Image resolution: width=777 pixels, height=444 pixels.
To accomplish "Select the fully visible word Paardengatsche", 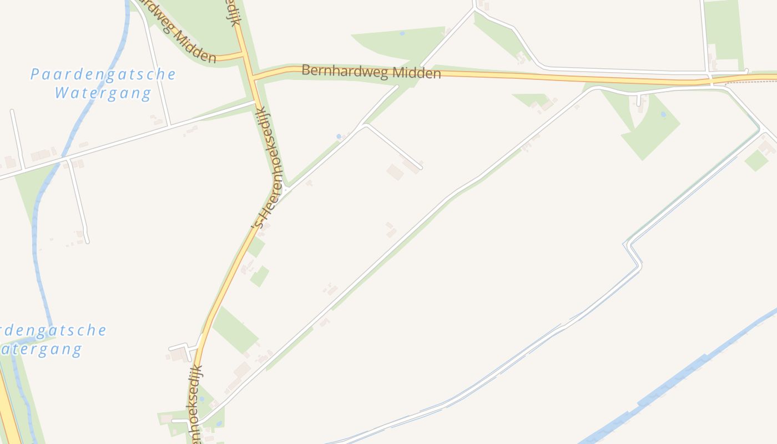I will click(x=103, y=74).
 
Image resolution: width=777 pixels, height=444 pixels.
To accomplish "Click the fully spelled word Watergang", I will click(x=103, y=93).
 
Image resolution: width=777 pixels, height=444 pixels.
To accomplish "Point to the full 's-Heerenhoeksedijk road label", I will click(x=270, y=169).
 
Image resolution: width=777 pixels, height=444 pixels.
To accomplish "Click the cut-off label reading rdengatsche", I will click(x=53, y=331).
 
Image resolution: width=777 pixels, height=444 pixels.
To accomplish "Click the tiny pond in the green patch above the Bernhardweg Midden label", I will click(x=402, y=34).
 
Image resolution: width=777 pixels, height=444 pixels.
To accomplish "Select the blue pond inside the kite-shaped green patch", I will click(x=663, y=115).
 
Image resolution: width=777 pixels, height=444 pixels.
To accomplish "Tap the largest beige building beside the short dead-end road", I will click(x=395, y=172).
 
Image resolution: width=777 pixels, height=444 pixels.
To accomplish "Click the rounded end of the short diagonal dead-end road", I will click(x=421, y=167).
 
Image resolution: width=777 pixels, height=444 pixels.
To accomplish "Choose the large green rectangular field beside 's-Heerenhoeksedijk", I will click(x=234, y=330).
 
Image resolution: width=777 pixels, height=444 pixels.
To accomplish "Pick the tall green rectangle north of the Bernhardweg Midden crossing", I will click(x=724, y=31).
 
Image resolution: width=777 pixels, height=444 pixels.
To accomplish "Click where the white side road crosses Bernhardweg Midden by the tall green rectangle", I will click(x=711, y=80).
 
